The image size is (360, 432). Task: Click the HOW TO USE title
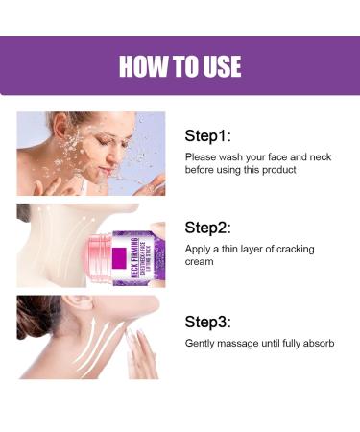(x=180, y=66)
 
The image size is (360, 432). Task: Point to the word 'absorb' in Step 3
(x=316, y=343)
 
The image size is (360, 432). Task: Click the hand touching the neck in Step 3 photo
(x=142, y=353)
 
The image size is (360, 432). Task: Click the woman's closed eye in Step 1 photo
(x=83, y=139)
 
